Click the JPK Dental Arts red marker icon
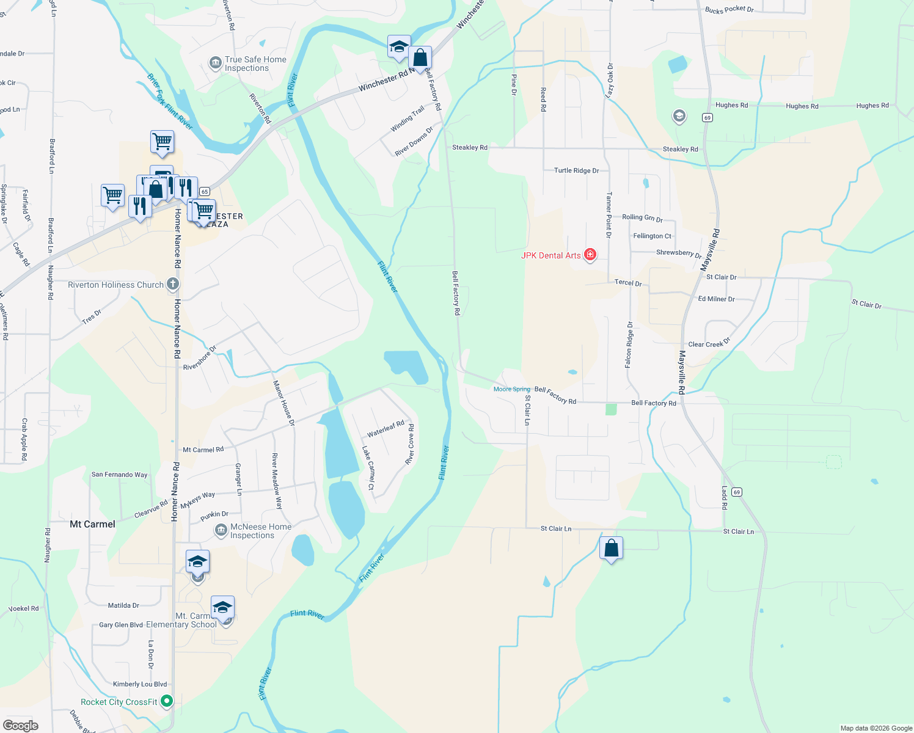[x=590, y=255]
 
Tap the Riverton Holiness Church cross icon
[x=173, y=283]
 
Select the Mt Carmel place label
[x=92, y=524]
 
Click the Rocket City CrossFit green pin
[x=167, y=701]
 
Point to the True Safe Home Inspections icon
[x=215, y=63]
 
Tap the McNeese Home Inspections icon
[x=221, y=530]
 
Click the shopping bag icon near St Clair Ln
[x=611, y=549]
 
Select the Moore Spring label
[x=511, y=389]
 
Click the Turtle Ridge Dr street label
[x=576, y=170]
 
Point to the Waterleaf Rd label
[x=386, y=429]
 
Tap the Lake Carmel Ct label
[x=368, y=468]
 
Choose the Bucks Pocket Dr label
[x=729, y=9]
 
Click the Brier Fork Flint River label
[x=170, y=102]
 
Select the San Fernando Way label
[x=119, y=475]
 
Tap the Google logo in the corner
[x=20, y=726]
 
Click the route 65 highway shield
[x=205, y=192]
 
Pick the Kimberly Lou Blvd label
[x=140, y=684]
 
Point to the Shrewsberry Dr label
[x=679, y=253]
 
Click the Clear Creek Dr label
[x=709, y=343]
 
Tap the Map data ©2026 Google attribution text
[x=876, y=728]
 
